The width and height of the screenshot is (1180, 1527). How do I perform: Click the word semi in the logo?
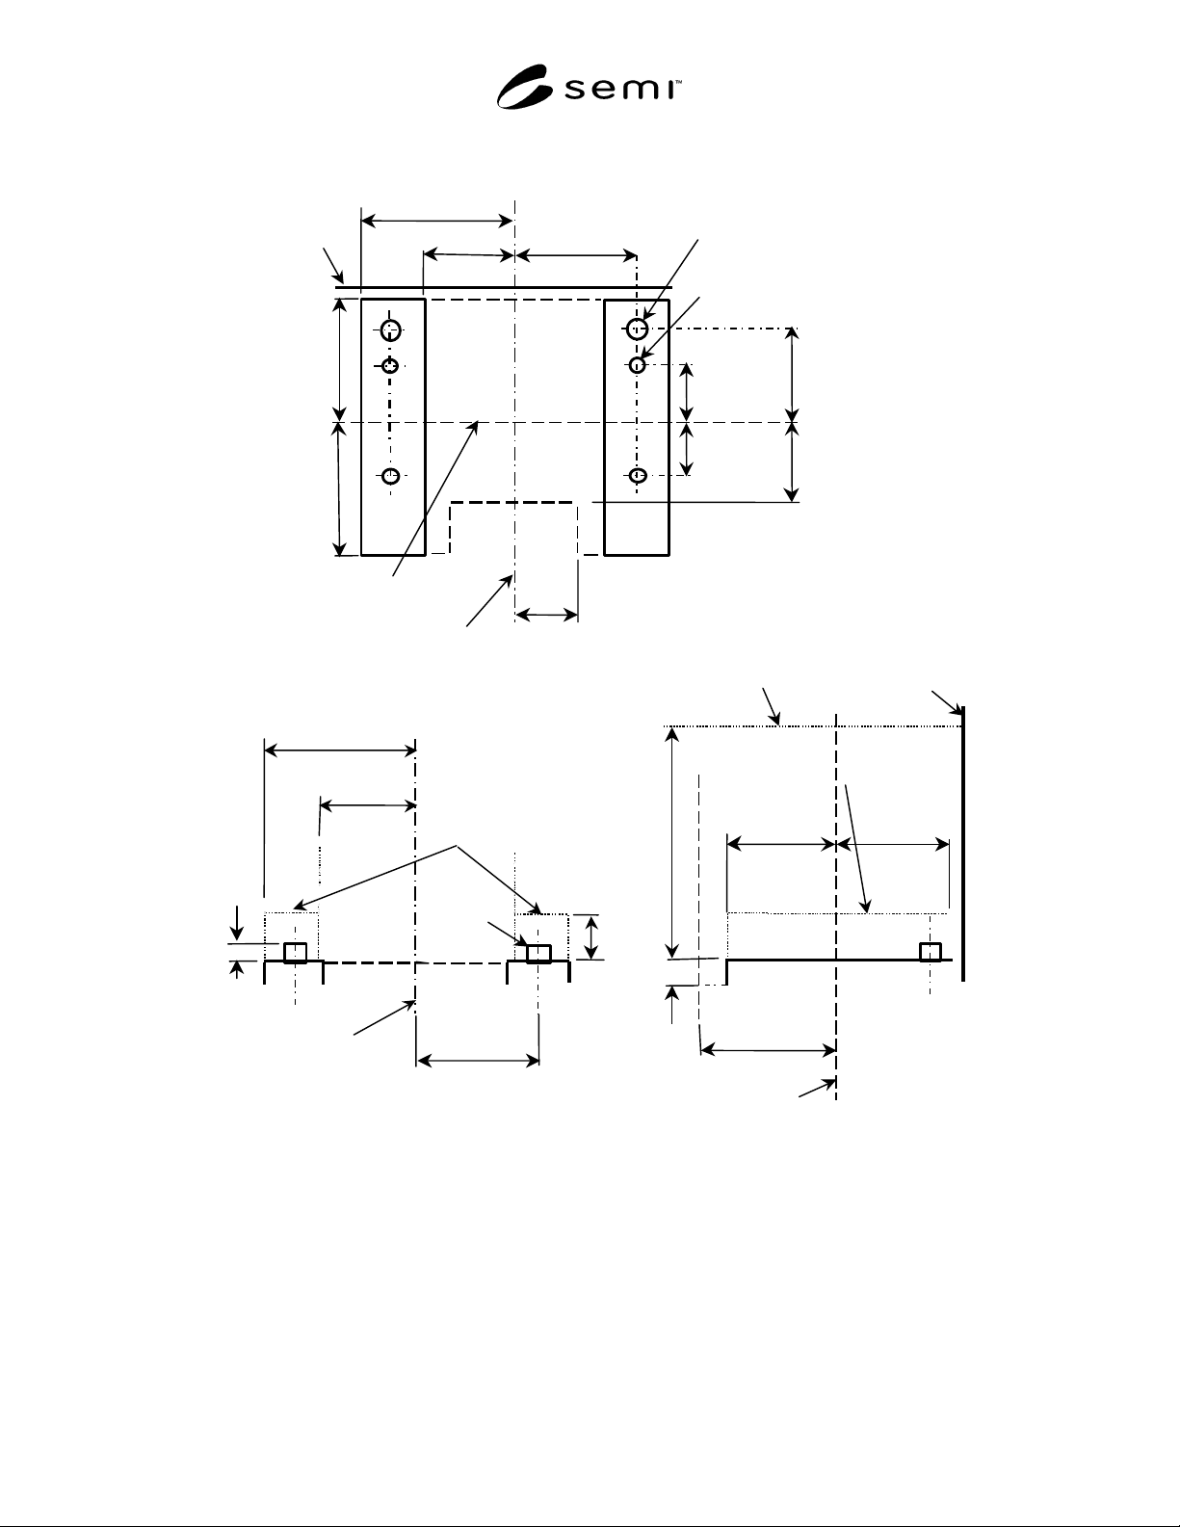point(619,90)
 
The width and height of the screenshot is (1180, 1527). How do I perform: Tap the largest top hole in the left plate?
point(390,329)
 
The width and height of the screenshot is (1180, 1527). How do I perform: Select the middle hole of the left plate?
point(390,366)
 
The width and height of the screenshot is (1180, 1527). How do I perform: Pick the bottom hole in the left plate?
point(391,477)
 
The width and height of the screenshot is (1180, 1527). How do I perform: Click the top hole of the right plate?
point(637,329)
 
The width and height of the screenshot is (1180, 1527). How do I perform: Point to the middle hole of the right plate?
point(637,365)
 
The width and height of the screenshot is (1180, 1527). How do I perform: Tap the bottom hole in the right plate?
point(637,476)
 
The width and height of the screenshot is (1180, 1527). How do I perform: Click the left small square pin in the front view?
point(295,952)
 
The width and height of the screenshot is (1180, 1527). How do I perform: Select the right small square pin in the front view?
point(538,953)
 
